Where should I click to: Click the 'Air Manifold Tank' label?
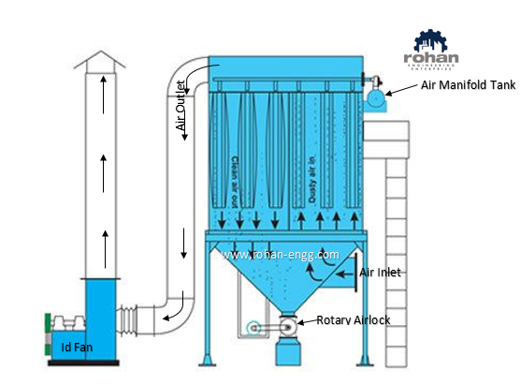point(467,85)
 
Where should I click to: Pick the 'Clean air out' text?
point(234,180)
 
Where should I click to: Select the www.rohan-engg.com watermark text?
point(280,253)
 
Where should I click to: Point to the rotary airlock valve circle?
point(290,327)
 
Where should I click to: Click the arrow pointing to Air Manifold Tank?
point(402,89)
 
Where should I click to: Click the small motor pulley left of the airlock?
point(251,328)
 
